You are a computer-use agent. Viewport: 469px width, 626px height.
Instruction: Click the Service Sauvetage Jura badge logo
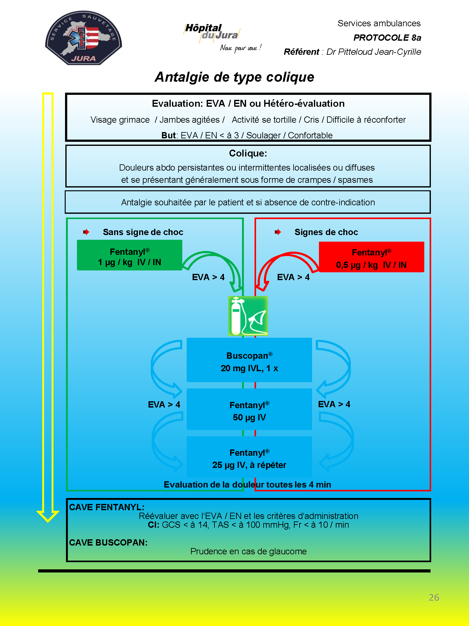point(83,38)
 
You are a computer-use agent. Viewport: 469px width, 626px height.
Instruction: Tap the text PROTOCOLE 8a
point(387,38)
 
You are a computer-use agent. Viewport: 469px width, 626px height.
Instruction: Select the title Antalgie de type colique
point(234,77)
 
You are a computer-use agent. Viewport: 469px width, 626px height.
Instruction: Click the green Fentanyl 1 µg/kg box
point(129,255)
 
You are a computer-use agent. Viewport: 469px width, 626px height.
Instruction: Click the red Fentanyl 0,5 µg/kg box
point(371,257)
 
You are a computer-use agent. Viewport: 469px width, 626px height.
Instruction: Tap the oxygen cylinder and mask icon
point(248,316)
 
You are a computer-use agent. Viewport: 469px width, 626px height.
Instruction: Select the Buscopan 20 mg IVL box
point(249,360)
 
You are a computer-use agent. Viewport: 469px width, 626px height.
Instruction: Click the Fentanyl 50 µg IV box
point(249,409)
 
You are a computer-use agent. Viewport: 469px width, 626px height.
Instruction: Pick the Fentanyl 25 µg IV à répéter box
point(249,457)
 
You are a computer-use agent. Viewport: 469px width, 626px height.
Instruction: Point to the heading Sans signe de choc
point(143,232)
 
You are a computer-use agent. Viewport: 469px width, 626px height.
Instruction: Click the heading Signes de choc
point(326,232)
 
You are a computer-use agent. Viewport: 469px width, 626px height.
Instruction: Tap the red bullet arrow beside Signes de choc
point(278,232)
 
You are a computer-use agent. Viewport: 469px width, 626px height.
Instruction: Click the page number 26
point(434,598)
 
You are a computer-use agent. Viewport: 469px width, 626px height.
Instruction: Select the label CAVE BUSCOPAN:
point(108,542)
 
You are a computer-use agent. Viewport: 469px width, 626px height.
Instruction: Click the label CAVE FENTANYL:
point(107,507)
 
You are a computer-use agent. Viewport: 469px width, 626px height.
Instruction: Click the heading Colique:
point(248,153)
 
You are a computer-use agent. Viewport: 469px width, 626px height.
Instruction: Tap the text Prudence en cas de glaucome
point(249,551)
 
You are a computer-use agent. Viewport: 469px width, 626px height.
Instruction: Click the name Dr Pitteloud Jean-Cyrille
point(374,52)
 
